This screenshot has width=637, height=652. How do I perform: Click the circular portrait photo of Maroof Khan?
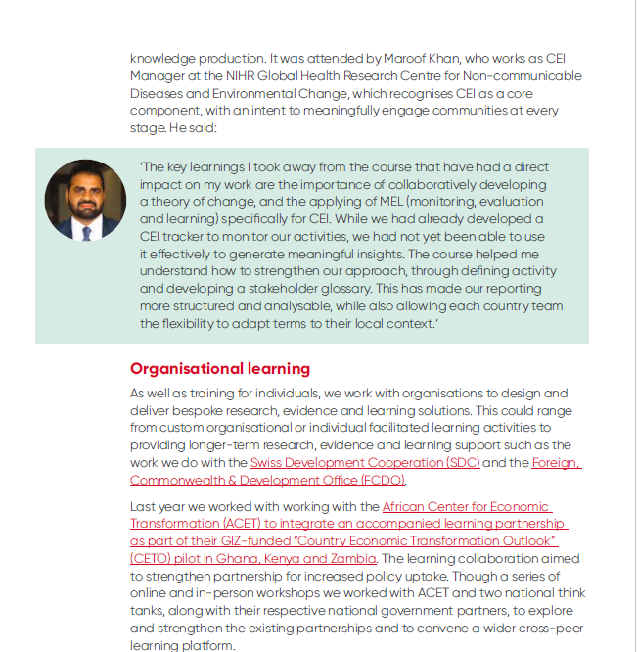[x=85, y=201]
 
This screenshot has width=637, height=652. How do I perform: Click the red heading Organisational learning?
[x=220, y=369]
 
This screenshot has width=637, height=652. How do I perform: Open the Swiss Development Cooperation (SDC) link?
[x=365, y=463]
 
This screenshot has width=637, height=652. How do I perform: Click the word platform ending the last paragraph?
[x=206, y=646]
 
